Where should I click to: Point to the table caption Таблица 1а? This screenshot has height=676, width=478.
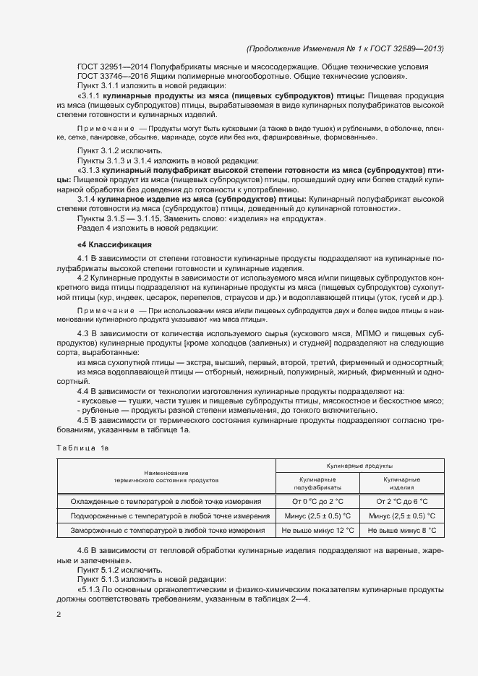coord(82,449)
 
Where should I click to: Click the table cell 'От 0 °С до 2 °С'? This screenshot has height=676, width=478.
coord(317,501)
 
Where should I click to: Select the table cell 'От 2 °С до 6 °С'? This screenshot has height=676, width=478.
coord(402,501)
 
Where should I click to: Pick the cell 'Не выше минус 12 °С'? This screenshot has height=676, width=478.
coord(317,531)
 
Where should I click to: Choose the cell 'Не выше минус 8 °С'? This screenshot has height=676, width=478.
coord(402,531)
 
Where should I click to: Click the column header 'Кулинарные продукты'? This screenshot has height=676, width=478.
coord(359,468)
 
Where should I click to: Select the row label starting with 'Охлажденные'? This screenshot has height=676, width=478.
coord(166,501)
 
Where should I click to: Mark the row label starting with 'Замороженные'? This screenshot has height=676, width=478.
coord(166,531)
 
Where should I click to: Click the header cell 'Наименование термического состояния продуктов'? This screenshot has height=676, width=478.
coord(166,476)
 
